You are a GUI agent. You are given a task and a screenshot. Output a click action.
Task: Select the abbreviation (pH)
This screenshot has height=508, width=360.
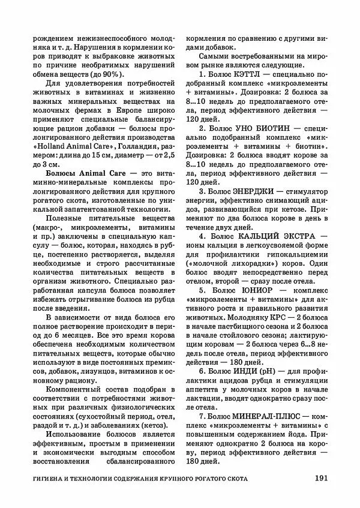coord(265,371)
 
